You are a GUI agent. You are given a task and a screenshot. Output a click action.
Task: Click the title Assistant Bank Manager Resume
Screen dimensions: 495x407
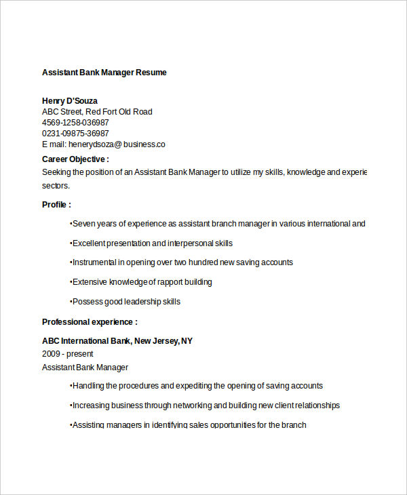tap(104, 73)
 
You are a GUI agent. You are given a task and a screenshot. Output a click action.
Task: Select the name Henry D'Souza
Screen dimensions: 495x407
tap(69, 101)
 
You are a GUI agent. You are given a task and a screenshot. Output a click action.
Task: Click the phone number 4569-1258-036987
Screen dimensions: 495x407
tap(75, 123)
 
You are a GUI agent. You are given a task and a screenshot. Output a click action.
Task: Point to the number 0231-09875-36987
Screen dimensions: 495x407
tap(75, 134)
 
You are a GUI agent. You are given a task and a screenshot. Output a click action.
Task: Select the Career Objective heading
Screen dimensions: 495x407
tap(75, 159)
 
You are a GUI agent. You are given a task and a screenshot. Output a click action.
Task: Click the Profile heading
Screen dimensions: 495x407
tap(56, 205)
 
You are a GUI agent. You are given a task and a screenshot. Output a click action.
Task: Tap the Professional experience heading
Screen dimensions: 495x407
tap(90, 322)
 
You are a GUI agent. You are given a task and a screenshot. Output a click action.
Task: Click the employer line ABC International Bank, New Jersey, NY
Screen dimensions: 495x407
tap(117, 341)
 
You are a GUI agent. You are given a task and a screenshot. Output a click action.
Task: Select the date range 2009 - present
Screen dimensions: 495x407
tap(68, 354)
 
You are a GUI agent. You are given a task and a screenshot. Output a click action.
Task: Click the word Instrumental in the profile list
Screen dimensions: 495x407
tap(94, 262)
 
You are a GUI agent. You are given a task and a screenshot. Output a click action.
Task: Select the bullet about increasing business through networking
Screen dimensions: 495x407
tap(205, 405)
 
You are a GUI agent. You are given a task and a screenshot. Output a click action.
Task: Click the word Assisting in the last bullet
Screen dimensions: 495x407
tap(89, 425)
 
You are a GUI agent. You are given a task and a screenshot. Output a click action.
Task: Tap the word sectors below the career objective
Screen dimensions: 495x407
tap(56, 185)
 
